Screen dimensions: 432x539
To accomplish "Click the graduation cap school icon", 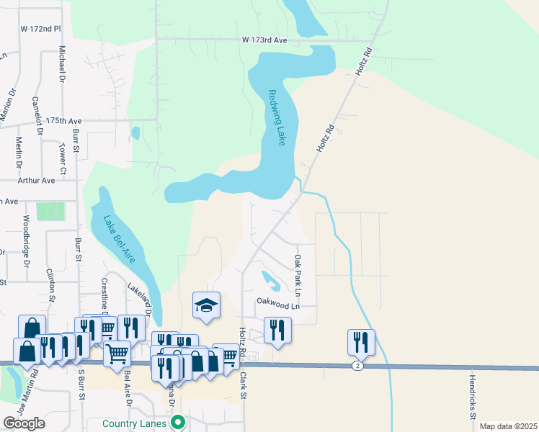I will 206,307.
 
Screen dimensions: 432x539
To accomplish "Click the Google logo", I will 24,423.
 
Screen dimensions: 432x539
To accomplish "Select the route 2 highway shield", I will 357,366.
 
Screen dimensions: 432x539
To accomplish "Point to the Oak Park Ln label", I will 296,274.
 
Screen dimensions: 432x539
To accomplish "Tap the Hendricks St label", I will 473,397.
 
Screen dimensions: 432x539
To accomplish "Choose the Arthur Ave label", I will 36,181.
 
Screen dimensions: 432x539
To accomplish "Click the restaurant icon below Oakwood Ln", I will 277,330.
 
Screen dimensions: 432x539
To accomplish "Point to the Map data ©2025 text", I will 508,426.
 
